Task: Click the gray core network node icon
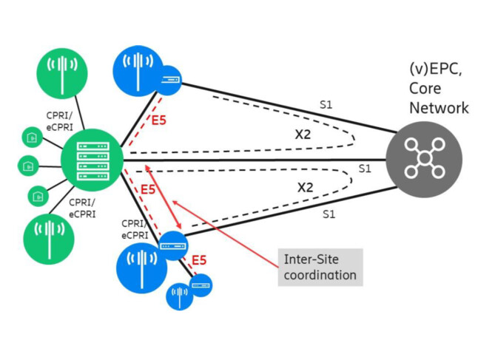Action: (x=424, y=158)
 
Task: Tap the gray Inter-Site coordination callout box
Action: (x=320, y=267)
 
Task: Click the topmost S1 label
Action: (x=326, y=105)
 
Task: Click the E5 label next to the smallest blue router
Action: (x=198, y=260)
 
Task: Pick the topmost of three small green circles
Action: (x=30, y=137)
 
